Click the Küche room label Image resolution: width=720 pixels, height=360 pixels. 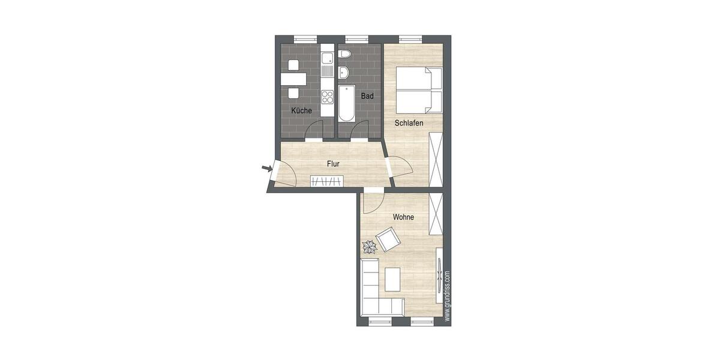point(301,111)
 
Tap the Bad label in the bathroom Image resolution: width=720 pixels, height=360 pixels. point(367,96)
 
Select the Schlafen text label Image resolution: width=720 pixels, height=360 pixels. point(409,123)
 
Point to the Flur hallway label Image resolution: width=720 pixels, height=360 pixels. point(334,163)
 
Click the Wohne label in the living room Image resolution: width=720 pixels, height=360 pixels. point(403,217)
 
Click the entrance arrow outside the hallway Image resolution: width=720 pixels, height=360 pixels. point(266,169)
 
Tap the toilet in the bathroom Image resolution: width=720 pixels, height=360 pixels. point(344,55)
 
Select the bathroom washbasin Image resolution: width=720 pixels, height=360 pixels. point(343,73)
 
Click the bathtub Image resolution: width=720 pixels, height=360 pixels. point(346,103)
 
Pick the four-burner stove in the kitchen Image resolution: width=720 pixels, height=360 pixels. point(327,97)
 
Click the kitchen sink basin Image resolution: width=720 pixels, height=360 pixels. point(327,59)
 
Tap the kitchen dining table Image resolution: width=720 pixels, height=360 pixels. point(293,79)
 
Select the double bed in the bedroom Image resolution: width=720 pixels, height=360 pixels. point(419,90)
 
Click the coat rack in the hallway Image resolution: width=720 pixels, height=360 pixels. point(327,181)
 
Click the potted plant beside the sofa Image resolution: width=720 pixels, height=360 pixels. point(368,246)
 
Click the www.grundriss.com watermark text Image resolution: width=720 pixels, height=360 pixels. point(448,296)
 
